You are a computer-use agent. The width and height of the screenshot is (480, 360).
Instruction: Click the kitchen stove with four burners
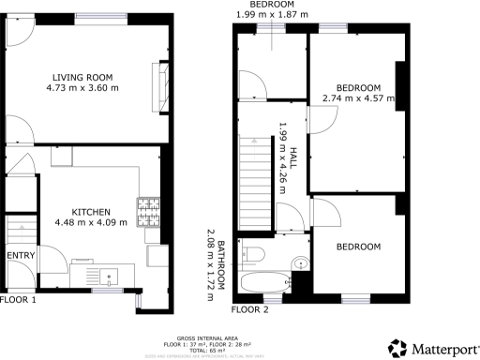(149, 212)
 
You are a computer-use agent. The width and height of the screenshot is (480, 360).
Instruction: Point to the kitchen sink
(111, 276)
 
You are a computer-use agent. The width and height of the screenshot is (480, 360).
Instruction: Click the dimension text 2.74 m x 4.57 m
(358, 97)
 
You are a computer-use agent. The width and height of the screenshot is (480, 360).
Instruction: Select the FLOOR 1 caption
(18, 300)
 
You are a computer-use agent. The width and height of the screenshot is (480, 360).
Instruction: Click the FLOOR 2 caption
(249, 308)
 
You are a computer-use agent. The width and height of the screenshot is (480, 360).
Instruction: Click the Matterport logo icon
(397, 348)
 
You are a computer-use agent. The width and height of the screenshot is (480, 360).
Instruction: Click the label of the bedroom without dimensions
(358, 247)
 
